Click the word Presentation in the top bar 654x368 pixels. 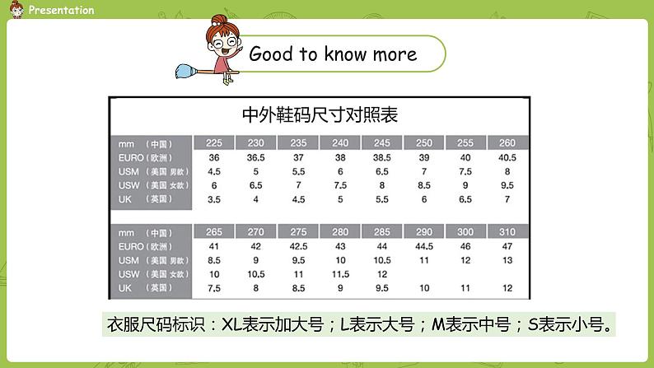pos(60,10)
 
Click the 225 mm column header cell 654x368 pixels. pos(213,142)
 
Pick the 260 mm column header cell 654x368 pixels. pos(507,142)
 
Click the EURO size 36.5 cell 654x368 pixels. pos(255,157)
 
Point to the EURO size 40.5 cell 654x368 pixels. pos(507,157)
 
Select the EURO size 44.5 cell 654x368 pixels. pos(424,246)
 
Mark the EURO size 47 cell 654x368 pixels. pos(507,246)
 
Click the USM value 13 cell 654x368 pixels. pos(507,260)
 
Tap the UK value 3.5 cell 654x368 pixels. pos(213,198)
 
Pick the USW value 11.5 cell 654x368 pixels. pos(340,274)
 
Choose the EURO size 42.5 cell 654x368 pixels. pos(297,246)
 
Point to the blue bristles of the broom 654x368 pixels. pos(185,71)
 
